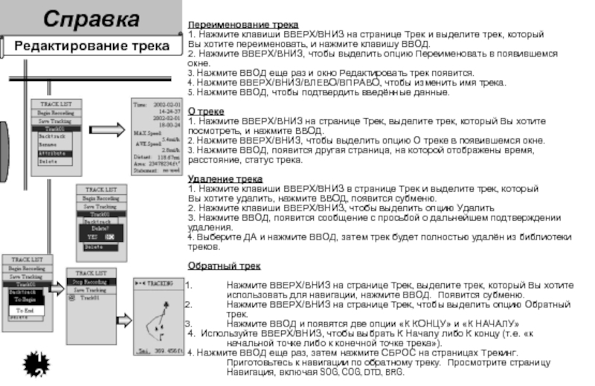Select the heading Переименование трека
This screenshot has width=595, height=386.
point(242,25)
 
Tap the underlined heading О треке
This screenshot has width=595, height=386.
point(206,111)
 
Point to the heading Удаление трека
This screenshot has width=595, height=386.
point(225,179)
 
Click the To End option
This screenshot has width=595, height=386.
point(27,309)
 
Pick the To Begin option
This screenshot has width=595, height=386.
point(28,300)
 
